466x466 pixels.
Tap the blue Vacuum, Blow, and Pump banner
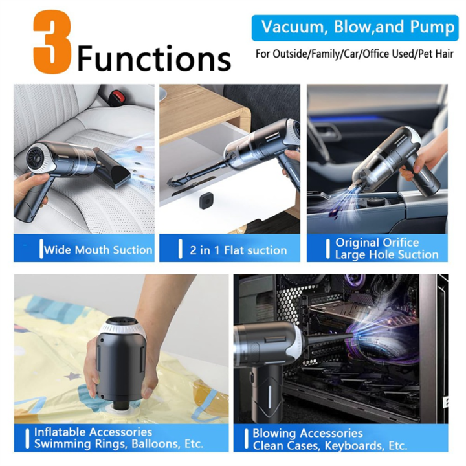tap(348, 28)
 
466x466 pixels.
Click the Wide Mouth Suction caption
tap(97, 249)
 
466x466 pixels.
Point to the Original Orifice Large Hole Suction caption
tap(386, 249)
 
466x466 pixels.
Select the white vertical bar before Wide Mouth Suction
tap(41, 249)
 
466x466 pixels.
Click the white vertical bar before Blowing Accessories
tap(247, 438)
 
